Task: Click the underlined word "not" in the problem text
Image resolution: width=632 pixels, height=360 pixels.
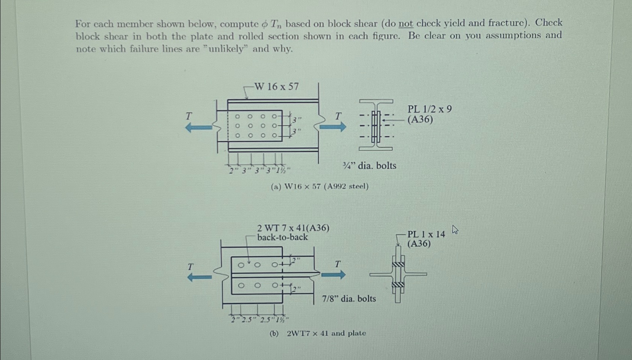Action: (x=406, y=24)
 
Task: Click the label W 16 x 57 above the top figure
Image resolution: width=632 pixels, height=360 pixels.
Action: (x=276, y=86)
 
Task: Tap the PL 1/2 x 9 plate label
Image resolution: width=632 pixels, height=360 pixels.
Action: (x=430, y=109)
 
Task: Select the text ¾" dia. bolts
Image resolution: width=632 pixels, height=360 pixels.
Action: (x=370, y=165)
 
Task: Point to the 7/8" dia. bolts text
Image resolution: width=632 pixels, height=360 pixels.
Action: (x=349, y=298)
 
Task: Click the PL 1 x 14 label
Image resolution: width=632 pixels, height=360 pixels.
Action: (x=426, y=234)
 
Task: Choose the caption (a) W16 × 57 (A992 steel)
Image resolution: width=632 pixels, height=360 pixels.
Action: (x=320, y=186)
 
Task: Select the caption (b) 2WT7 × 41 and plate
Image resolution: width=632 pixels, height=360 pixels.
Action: (x=318, y=333)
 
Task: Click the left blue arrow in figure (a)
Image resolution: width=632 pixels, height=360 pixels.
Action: (x=199, y=128)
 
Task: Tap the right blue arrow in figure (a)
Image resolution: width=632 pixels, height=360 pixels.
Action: (x=333, y=127)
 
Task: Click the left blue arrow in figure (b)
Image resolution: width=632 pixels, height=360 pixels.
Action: (x=199, y=277)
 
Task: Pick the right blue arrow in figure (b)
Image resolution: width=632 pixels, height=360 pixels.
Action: (x=333, y=275)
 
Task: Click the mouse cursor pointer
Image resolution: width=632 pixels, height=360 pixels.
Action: (x=455, y=230)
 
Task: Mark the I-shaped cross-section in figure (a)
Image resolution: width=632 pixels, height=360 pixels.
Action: (x=376, y=125)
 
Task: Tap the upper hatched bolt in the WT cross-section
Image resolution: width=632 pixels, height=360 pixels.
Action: (x=398, y=265)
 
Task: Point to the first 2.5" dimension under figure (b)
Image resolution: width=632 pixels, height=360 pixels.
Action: (x=248, y=320)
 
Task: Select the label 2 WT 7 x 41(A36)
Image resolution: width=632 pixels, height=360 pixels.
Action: (x=293, y=228)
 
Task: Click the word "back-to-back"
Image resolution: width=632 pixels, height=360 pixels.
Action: (x=282, y=237)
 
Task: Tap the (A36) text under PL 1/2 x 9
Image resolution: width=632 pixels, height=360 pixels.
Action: (x=420, y=119)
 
